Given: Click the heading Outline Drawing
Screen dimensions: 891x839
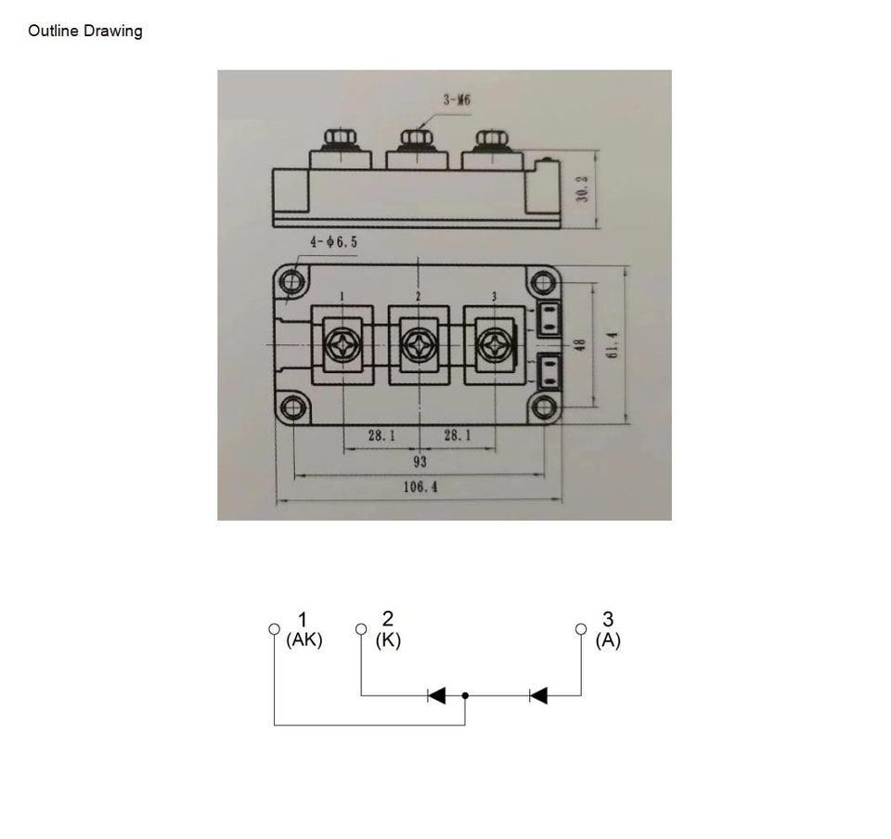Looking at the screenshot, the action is tap(85, 31).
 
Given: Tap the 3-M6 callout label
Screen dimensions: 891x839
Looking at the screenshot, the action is tap(457, 100).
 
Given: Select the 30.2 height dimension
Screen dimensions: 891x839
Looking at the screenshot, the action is tap(582, 188).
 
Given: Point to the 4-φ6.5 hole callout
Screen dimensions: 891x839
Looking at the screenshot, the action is tap(333, 242).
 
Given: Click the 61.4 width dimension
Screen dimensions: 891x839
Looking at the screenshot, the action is tap(613, 345).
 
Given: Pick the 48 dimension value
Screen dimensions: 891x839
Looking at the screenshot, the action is tap(580, 345).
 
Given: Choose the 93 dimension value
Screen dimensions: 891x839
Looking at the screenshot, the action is tap(420, 461).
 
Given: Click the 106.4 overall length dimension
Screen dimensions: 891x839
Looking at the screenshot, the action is tap(420, 487).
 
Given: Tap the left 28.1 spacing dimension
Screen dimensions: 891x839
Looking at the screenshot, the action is tap(381, 435).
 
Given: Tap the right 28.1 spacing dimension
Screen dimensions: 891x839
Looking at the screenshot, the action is tap(458, 435).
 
